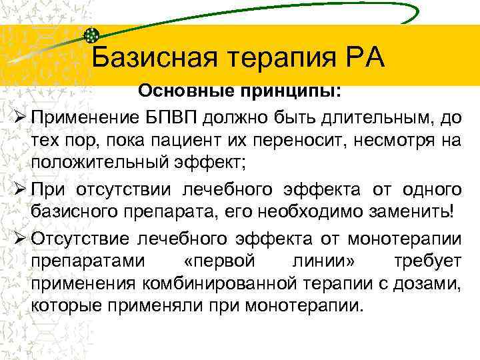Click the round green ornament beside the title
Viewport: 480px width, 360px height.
pyautogui.click(x=93, y=35)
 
